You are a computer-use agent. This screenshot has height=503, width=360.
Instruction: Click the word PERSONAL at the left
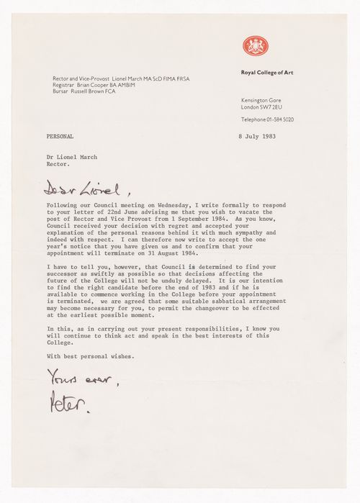(x=60, y=137)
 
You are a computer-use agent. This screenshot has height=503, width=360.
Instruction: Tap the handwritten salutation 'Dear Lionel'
(x=78, y=191)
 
